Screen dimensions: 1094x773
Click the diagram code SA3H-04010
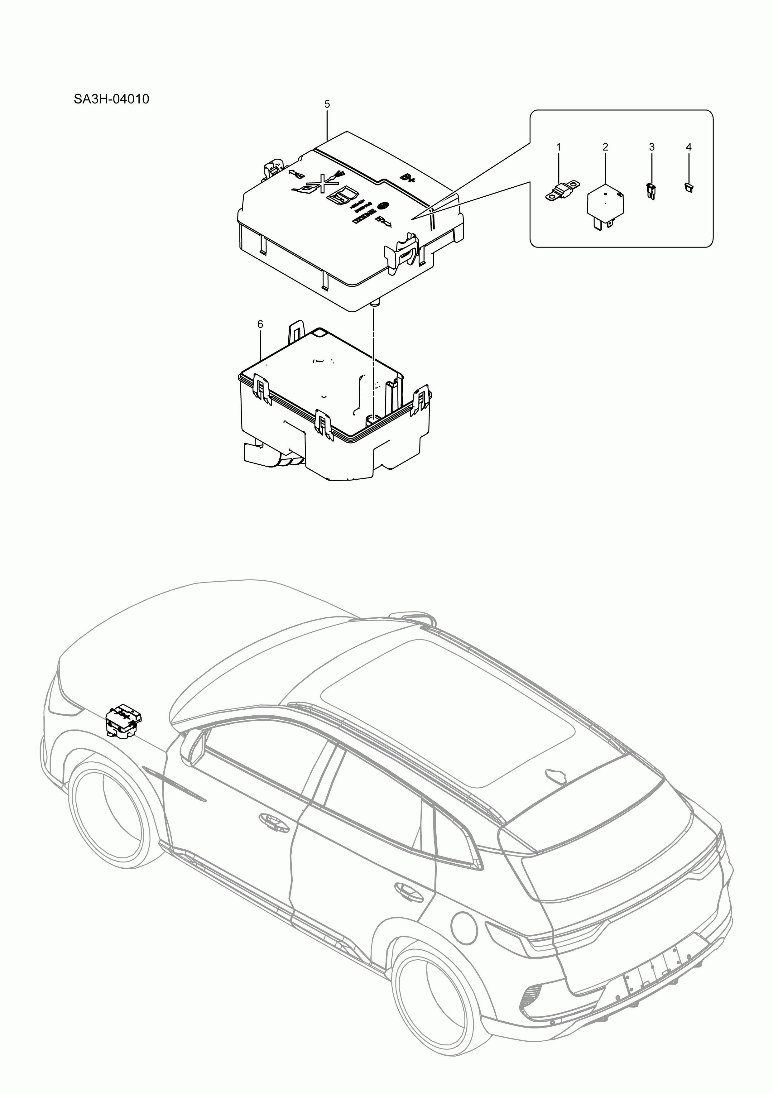111,99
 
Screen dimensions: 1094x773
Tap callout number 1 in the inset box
559,147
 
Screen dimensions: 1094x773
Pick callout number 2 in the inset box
605,147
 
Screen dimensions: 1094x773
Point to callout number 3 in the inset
651,147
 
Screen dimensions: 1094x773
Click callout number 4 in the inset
689,147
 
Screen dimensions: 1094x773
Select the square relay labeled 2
605,204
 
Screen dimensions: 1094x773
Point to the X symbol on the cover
323,184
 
